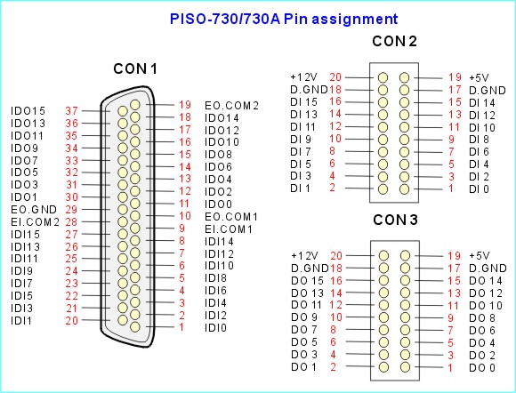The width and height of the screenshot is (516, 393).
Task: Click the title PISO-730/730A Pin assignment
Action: click(284, 19)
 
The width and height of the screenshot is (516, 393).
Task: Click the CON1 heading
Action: click(135, 69)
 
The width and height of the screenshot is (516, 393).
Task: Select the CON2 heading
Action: click(395, 42)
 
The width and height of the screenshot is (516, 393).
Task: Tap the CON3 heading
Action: click(395, 220)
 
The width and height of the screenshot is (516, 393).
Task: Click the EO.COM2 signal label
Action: click(231, 106)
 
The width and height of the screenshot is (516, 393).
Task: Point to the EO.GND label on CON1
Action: click(34, 210)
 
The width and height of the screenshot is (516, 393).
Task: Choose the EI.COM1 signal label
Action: click(229, 229)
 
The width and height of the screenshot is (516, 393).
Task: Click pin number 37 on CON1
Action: click(71, 111)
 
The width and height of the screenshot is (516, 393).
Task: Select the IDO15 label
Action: click(28, 111)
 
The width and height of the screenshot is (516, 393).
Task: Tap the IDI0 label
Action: click(215, 328)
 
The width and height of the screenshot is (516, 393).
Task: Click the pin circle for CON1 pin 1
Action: click(135, 327)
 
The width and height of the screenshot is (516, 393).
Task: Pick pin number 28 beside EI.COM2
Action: click(71, 222)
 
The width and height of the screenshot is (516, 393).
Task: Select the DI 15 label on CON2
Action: click(303, 102)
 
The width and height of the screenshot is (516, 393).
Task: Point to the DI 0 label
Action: click(479, 189)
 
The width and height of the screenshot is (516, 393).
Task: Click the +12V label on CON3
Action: click(304, 255)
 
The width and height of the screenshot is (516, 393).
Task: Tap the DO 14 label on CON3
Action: click(486, 281)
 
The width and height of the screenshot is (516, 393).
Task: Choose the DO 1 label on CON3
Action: click(303, 367)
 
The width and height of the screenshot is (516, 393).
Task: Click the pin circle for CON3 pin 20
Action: click(383, 255)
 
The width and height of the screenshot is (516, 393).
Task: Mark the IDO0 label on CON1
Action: click(218, 205)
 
